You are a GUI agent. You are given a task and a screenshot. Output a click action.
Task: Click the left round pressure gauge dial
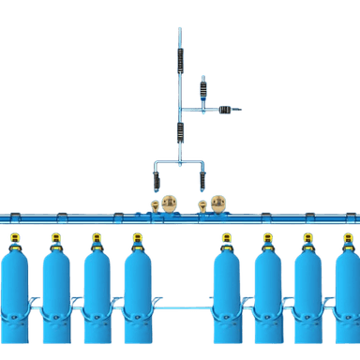click(169, 202)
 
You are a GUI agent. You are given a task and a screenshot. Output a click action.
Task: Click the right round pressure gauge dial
click(218, 202)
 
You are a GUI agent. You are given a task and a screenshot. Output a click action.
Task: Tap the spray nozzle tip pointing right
click(239, 110)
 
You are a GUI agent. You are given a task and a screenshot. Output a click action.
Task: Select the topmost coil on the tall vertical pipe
click(180, 60)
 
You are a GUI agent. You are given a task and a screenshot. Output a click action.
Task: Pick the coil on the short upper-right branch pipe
click(203, 90)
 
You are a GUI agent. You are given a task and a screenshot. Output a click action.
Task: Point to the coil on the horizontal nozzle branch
click(225, 110)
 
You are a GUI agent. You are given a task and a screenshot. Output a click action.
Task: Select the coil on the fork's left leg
click(156, 180)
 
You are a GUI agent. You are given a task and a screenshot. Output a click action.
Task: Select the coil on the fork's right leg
click(202, 180)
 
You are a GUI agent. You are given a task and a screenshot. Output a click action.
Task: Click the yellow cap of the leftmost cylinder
click(14, 238)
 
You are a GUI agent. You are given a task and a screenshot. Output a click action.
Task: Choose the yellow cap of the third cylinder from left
click(97, 238)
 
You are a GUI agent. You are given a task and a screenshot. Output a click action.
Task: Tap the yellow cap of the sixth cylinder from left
click(267, 238)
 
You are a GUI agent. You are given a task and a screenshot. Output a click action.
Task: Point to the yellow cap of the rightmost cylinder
click(349, 238)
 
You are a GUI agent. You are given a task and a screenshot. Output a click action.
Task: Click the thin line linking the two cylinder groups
click(182, 307)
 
